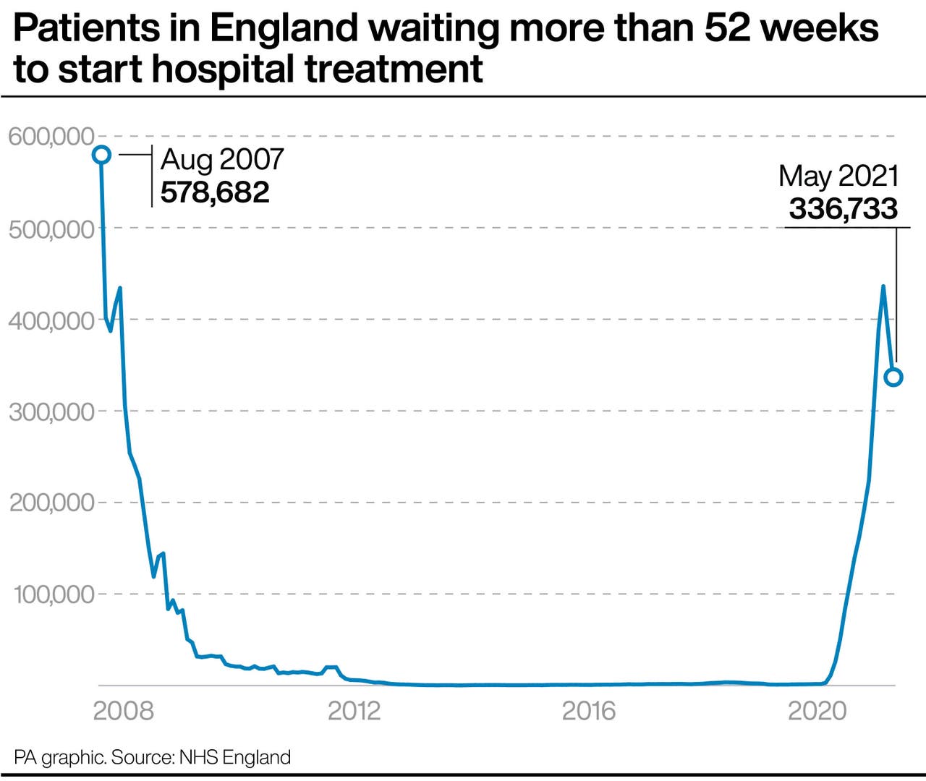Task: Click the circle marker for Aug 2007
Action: [101, 155]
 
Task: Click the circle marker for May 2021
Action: [893, 377]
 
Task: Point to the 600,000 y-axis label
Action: [51, 136]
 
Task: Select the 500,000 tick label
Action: [51, 229]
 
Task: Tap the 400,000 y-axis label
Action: [51, 320]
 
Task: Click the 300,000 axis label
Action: [51, 411]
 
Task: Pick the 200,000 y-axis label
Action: [51, 503]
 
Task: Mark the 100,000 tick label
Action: [54, 594]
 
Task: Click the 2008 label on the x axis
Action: [123, 711]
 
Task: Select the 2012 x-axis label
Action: [354, 711]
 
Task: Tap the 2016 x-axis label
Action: [588, 711]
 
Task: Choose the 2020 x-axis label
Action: [817, 711]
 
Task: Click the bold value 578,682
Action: [215, 192]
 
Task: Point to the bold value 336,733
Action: [843, 209]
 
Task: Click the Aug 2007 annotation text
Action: [222, 159]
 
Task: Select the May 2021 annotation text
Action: [838, 176]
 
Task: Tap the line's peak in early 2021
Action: [883, 287]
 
